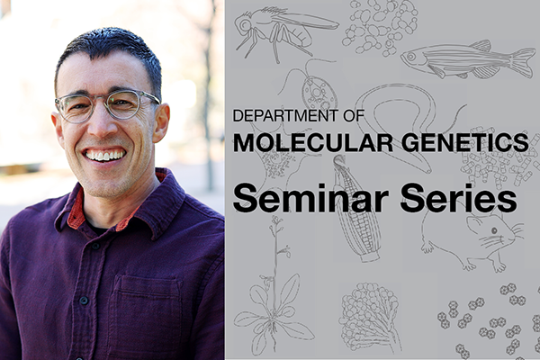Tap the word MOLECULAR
(300, 141)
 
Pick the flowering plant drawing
(271, 297)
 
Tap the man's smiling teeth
(104, 154)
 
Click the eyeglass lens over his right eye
(76, 108)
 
